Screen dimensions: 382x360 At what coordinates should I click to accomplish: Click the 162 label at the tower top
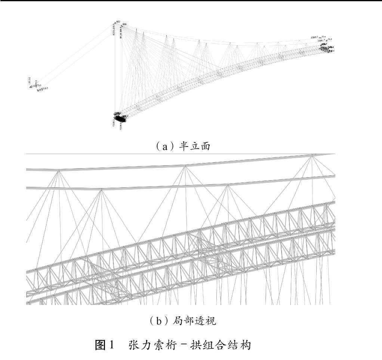point(118,22)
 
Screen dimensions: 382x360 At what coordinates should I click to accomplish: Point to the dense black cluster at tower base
point(119,119)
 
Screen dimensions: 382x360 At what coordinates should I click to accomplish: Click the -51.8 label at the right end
point(329,39)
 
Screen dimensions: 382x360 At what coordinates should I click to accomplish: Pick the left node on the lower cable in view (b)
point(101,189)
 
